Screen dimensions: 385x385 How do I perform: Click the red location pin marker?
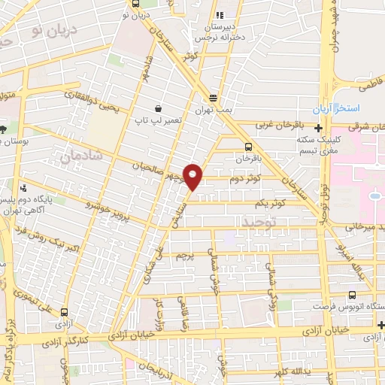pos(193,176)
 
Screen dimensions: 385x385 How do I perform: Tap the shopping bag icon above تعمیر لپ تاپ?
pos(158,108)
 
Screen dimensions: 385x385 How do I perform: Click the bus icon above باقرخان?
pos(249,147)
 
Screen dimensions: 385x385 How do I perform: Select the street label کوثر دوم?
pos(247,178)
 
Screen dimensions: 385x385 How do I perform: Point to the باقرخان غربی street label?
pos(277,125)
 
